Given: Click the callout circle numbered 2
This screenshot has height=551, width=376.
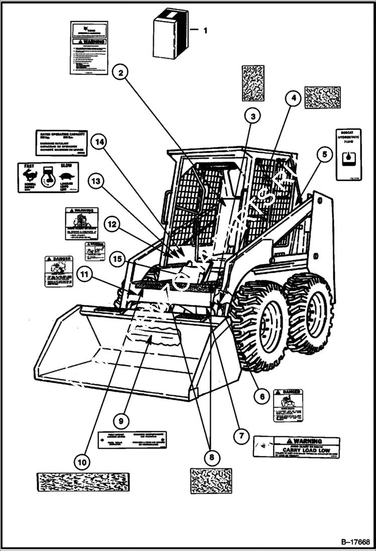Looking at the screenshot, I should point(120,73).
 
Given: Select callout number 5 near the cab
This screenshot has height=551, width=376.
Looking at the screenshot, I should point(324,155).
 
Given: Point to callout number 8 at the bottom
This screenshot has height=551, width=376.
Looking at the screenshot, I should point(211,457).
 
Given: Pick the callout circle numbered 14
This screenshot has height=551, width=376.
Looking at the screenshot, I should point(100,142).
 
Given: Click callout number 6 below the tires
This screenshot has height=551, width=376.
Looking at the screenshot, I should point(261,396).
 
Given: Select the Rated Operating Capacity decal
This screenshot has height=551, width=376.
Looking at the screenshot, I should point(61,143).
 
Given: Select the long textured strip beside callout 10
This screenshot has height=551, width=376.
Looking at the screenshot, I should point(83,482).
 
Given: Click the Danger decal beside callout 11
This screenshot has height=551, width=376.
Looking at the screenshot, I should point(59,271).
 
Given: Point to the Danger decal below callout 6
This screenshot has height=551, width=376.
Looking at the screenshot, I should point(288,405).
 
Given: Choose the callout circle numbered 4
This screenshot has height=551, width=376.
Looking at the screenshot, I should point(294,98).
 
